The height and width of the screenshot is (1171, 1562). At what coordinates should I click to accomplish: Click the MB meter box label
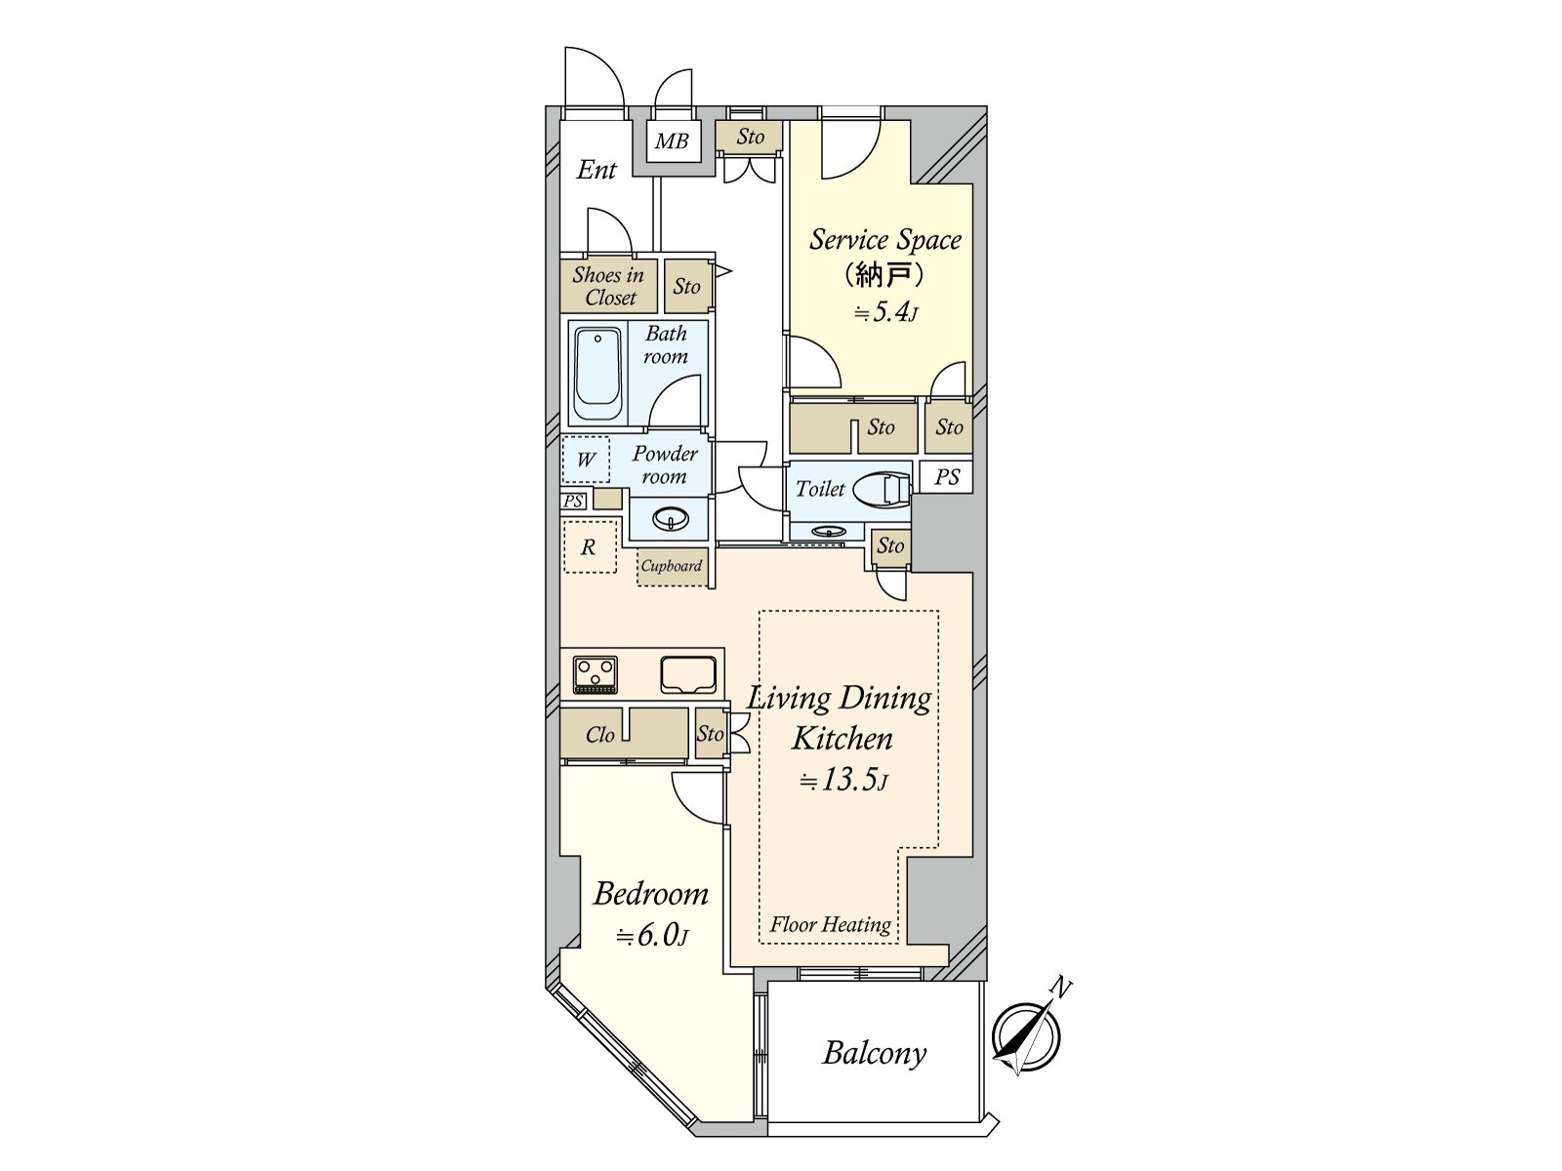tap(672, 141)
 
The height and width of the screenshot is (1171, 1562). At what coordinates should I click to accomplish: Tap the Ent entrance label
tap(596, 171)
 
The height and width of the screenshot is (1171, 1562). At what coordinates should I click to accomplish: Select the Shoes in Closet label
tap(607, 286)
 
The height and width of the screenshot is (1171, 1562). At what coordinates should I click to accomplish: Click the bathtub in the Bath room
tap(597, 374)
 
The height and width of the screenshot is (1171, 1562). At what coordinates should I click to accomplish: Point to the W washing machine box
tap(586, 460)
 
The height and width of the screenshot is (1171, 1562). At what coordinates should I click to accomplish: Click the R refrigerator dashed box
tap(589, 547)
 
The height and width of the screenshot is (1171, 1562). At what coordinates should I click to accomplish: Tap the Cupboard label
tap(672, 566)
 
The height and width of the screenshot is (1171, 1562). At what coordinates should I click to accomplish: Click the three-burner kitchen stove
tap(596, 674)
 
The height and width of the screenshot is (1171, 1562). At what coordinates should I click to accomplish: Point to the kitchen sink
tap(688, 674)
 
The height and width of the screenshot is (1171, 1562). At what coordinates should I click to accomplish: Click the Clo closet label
tap(599, 736)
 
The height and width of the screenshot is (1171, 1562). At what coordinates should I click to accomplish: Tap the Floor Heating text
tap(830, 925)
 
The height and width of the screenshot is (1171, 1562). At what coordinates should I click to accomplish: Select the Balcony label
tap(874, 1053)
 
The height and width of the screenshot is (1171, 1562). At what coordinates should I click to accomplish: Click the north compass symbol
tap(1026, 1037)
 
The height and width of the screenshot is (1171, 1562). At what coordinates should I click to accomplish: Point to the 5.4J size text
tap(885, 313)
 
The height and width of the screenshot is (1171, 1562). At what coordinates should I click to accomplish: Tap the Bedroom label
tap(650, 894)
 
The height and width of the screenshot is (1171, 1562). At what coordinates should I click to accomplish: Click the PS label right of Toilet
tap(947, 478)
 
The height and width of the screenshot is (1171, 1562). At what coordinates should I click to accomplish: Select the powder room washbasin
tap(671, 518)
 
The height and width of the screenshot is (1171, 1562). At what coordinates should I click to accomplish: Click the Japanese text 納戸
tap(883, 275)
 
